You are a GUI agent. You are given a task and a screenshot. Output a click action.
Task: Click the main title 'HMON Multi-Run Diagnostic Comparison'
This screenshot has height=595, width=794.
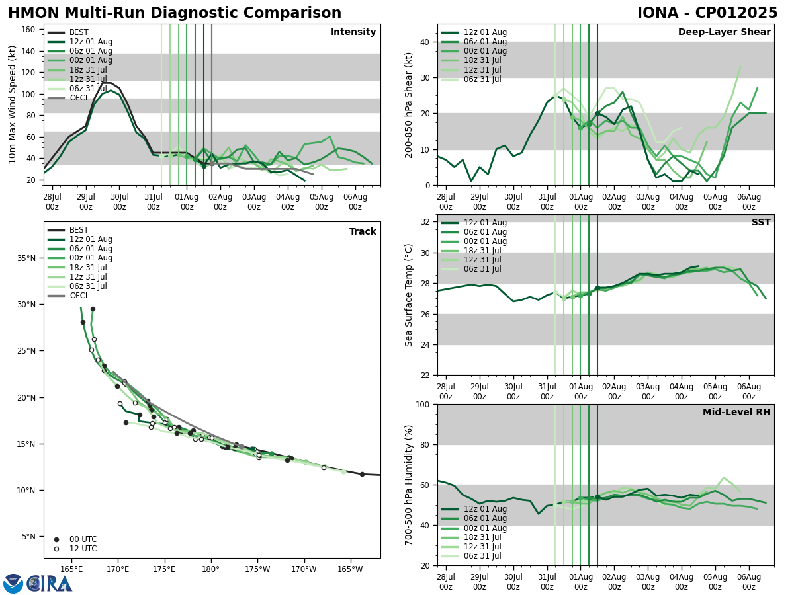tap(175, 13)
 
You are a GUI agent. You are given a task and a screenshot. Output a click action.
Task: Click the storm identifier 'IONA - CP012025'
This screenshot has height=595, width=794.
tap(707, 13)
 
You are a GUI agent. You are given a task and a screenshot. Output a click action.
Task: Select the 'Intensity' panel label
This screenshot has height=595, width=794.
tap(353, 32)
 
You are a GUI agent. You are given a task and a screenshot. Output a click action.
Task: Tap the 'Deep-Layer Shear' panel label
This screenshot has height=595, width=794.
tap(724, 32)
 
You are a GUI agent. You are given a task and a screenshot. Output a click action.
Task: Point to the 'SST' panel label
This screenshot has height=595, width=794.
tap(760, 223)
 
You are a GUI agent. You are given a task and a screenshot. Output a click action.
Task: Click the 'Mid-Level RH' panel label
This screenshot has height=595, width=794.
tap(736, 413)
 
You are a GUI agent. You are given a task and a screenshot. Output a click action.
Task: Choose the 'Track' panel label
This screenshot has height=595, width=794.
tap(363, 232)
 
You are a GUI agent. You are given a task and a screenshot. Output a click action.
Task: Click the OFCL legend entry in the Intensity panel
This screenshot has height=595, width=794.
tap(79, 98)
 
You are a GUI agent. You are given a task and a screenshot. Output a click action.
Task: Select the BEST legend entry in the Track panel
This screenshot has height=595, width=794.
tap(79, 230)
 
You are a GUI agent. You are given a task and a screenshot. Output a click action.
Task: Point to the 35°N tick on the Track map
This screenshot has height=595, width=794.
tap(27, 258)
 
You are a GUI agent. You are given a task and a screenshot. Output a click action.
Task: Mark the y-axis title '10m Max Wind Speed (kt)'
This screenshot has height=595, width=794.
tap(13, 104)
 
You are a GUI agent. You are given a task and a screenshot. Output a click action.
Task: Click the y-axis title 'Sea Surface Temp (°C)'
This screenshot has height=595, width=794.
tap(409, 295)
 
